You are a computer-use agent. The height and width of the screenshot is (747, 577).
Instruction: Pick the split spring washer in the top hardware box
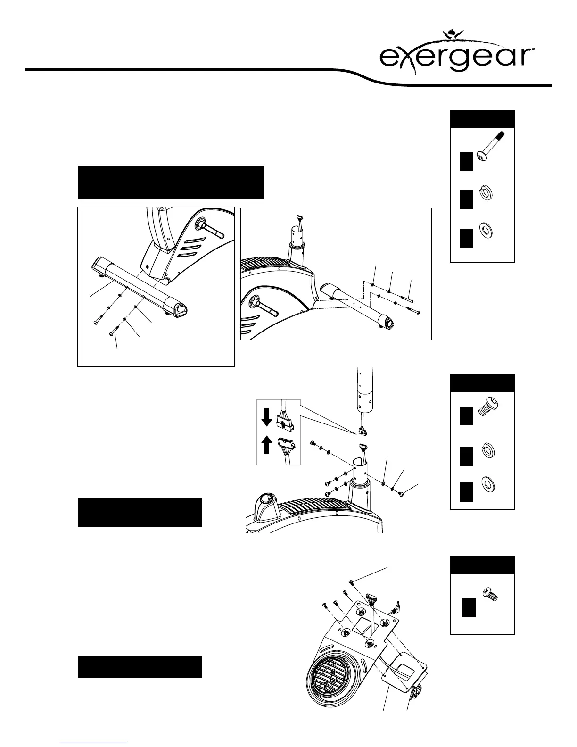pyautogui.click(x=485, y=193)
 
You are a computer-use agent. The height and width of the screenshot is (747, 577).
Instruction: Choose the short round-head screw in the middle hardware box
pyautogui.click(x=488, y=406)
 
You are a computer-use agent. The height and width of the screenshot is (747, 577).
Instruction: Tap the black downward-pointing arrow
pyautogui.click(x=267, y=417)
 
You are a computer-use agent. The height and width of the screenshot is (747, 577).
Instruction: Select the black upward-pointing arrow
pyautogui.click(x=267, y=445)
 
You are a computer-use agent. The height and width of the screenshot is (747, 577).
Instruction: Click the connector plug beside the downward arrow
pyautogui.click(x=285, y=419)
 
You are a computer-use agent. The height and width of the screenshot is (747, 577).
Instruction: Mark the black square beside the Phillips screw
pyautogui.click(x=468, y=607)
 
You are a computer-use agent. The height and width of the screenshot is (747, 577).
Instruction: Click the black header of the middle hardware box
pyautogui.click(x=482, y=383)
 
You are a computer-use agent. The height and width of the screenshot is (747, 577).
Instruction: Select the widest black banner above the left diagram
pyautogui.click(x=171, y=182)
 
